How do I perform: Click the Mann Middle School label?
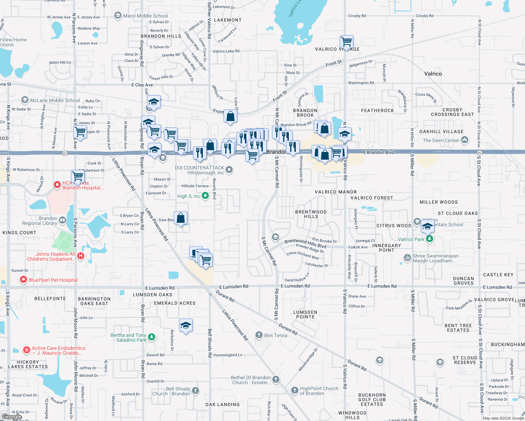(x=145, y=16)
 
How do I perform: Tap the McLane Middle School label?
(x=55, y=100)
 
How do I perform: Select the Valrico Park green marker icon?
(x=429, y=239)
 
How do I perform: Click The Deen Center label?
(x=441, y=140)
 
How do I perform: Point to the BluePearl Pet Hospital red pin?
(x=24, y=280)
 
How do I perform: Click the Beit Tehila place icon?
(x=259, y=335)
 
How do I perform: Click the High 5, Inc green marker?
(x=205, y=196)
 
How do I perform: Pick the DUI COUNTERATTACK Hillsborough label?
(x=200, y=170)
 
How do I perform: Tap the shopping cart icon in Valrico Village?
(x=346, y=42)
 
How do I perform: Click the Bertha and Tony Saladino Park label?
(x=128, y=338)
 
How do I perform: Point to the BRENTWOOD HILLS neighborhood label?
(x=311, y=214)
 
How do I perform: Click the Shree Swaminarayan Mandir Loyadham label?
(x=435, y=258)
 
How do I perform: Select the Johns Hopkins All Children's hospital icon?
(x=80, y=256)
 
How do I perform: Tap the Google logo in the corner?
(x=12, y=417)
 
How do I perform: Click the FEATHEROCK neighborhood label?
(x=378, y=111)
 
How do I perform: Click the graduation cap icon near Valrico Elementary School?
(x=427, y=227)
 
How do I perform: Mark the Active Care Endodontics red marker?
(x=26, y=350)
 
